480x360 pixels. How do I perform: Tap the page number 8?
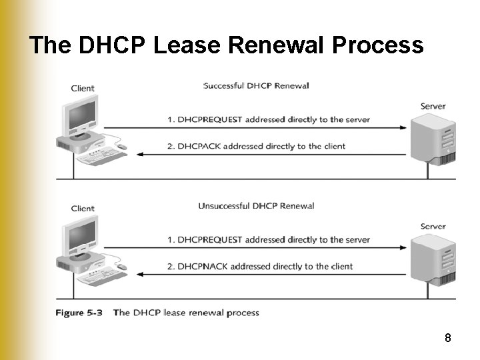[x=448, y=338]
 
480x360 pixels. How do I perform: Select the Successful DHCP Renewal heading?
[x=256, y=85]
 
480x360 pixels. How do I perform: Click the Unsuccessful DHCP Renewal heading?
[x=256, y=205]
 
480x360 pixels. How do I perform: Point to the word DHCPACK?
[x=200, y=146]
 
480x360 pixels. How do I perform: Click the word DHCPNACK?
[x=203, y=266]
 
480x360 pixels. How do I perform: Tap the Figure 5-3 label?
[x=79, y=312]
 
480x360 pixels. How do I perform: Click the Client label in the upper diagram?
[x=83, y=88]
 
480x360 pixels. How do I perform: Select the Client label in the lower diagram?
[x=83, y=208]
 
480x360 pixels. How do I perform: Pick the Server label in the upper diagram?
[x=433, y=106]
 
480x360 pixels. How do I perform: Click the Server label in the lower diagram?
[x=433, y=226]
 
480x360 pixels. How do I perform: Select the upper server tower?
[x=433, y=138]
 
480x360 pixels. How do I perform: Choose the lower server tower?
[x=433, y=258]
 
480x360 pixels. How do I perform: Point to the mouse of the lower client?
[x=121, y=266]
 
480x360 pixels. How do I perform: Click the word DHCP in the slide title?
[x=113, y=45]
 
